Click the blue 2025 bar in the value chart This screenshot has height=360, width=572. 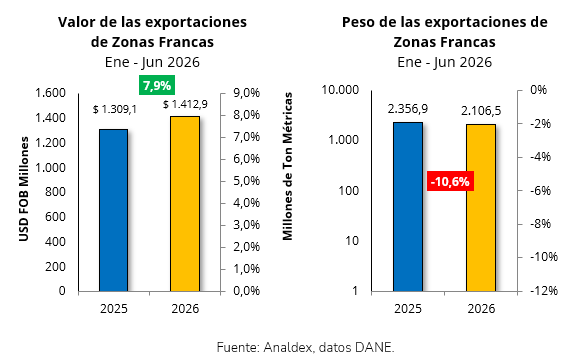[113, 210]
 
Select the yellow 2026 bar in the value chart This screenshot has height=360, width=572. [185, 204]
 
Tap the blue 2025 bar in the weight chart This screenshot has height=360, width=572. [408, 207]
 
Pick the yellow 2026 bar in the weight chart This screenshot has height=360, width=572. [481, 208]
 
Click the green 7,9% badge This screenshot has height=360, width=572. [157, 85]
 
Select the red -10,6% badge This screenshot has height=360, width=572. [450, 181]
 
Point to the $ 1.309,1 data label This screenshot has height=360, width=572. [115, 109]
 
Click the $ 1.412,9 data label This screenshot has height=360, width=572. [185, 104]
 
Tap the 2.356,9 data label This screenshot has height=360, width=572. [408, 109]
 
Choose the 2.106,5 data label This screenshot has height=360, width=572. [481, 111]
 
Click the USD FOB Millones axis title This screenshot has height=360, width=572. [24, 189]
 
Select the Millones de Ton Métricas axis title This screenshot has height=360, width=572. [288, 166]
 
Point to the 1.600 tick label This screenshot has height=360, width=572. [50, 93]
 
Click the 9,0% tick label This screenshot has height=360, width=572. [246, 93]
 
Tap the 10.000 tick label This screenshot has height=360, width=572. [340, 90]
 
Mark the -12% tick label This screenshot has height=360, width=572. [544, 291]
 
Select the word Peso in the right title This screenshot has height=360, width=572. [358, 22]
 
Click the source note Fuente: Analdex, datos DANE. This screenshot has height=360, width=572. [306, 347]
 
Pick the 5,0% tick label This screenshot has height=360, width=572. [246, 181]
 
